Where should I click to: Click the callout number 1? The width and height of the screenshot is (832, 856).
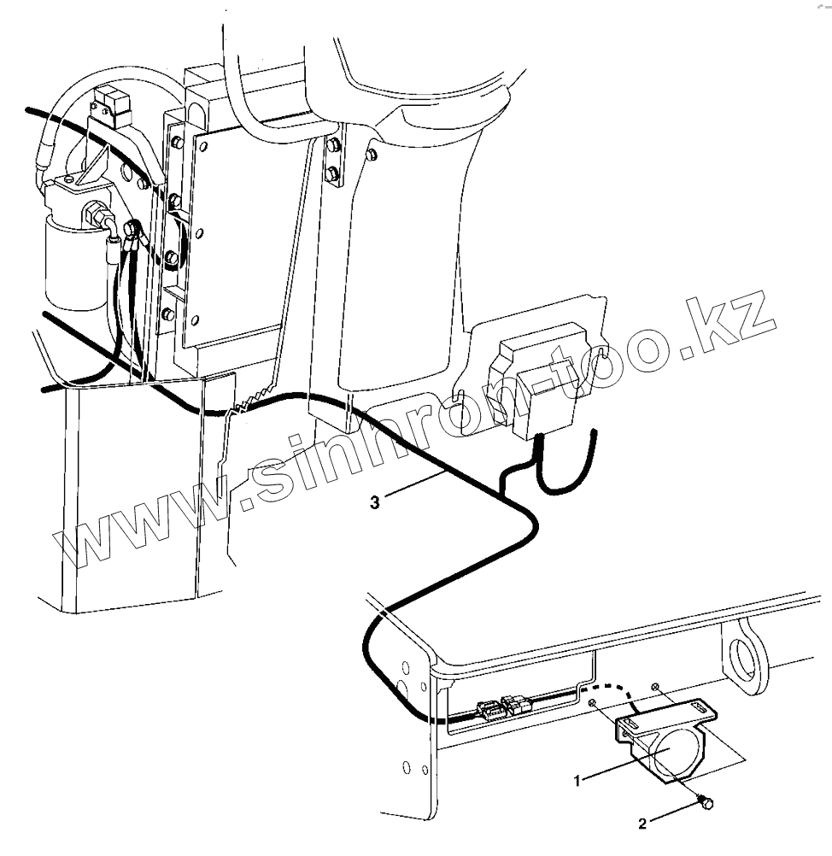[x=577, y=779]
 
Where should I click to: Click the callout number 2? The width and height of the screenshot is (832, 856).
[x=643, y=824]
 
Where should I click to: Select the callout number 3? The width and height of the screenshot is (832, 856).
[x=375, y=502]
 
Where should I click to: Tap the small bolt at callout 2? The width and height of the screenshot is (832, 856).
[x=705, y=801]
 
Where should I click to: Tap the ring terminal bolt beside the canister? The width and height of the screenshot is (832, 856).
[x=132, y=229]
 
